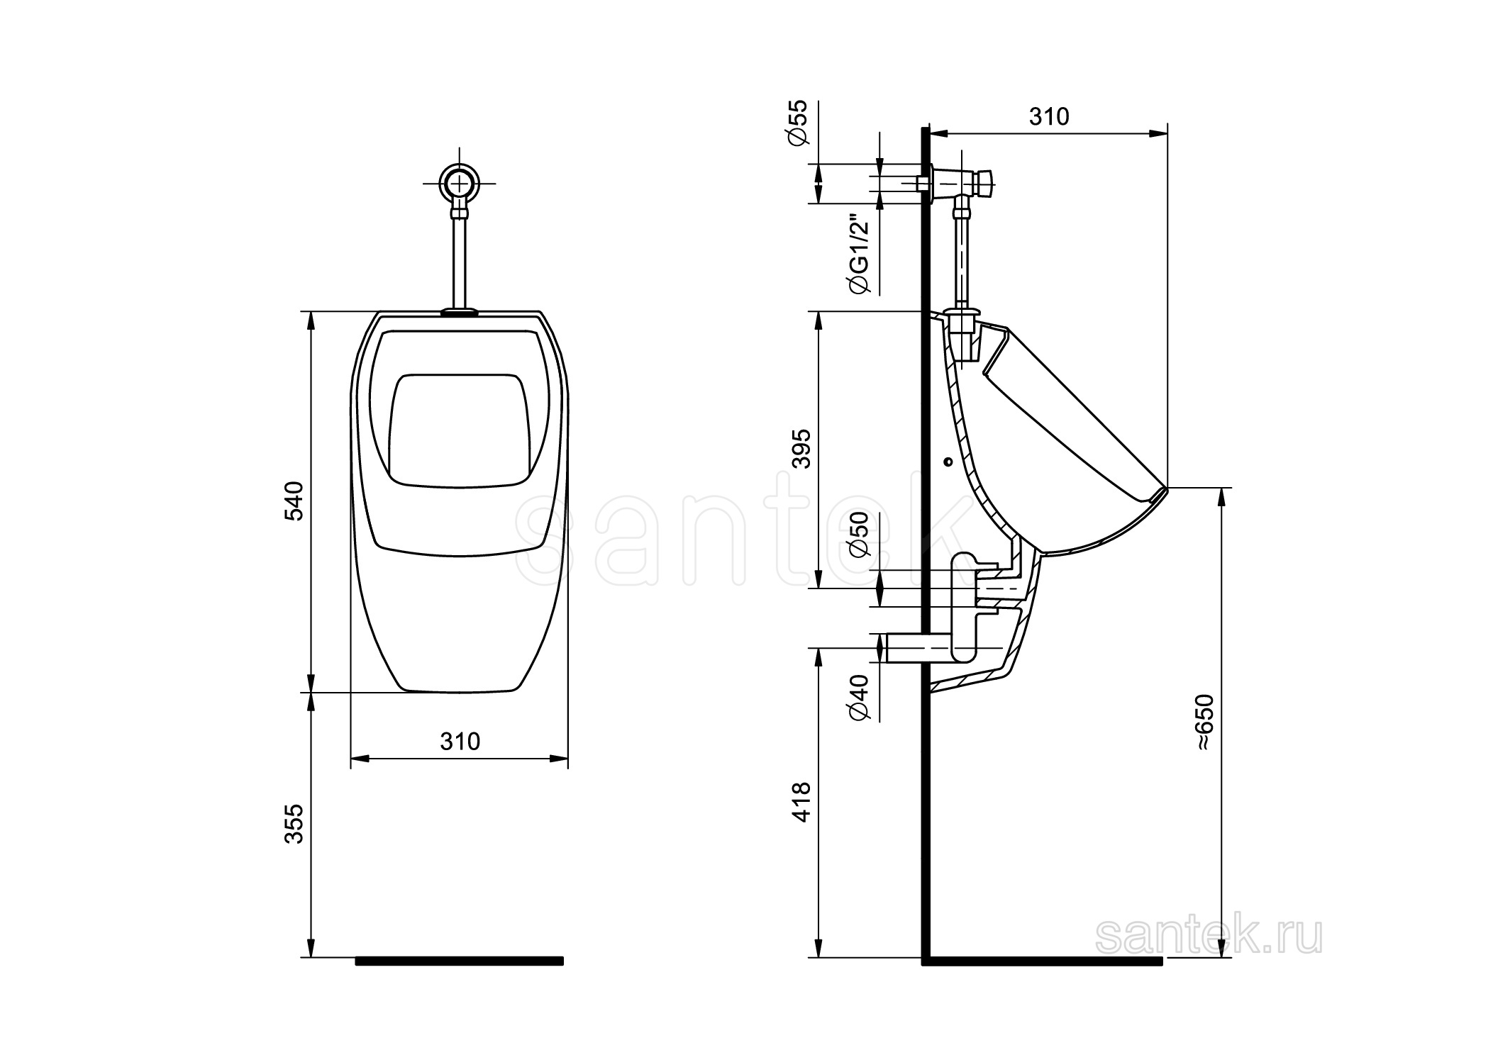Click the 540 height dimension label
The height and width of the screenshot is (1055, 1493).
click(294, 501)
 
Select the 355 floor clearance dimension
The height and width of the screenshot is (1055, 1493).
click(294, 823)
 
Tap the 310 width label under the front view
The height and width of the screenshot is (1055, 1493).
click(460, 742)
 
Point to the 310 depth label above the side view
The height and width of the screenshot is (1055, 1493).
click(1049, 116)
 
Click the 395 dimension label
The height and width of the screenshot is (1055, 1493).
click(801, 448)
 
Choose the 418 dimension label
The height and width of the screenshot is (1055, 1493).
click(801, 802)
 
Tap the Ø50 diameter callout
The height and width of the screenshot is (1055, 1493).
click(858, 535)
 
